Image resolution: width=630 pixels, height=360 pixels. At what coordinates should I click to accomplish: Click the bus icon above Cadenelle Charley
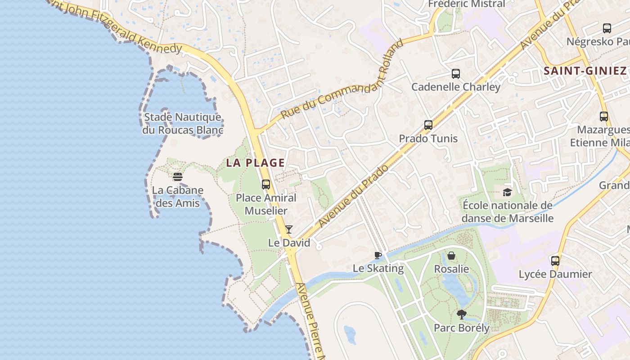[456, 74]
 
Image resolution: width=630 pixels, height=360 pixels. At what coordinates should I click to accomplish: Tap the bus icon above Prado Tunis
[428, 125]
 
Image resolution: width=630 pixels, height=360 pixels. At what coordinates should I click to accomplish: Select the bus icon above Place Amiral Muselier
[266, 184]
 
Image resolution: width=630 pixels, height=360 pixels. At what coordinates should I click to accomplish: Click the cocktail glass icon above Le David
[289, 229]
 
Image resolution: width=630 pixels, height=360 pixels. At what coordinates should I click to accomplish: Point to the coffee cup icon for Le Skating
[378, 256]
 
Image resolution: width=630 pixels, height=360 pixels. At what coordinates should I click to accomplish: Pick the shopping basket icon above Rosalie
[451, 256]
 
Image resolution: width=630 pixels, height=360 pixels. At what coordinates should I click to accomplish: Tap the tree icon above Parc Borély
[461, 315]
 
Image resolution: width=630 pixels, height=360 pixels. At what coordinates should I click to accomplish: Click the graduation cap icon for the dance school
[508, 193]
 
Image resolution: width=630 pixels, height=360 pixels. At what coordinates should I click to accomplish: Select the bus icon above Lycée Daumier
[555, 261]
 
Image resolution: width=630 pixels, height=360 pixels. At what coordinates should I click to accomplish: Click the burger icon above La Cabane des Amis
[178, 177]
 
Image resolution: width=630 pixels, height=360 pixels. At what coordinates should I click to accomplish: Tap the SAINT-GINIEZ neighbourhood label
[585, 71]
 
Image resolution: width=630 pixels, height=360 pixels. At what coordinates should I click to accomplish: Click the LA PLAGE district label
[255, 162]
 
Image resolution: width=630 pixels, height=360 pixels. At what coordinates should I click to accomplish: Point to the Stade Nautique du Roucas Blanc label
[183, 124]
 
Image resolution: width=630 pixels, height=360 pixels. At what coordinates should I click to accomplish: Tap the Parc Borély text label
[461, 328]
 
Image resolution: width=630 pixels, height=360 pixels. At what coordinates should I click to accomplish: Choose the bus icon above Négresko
[607, 28]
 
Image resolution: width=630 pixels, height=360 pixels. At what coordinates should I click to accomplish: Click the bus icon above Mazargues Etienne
[604, 117]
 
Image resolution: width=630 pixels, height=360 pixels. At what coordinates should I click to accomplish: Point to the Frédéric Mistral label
[467, 4]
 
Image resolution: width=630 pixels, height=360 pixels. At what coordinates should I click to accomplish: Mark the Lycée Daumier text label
[555, 274]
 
